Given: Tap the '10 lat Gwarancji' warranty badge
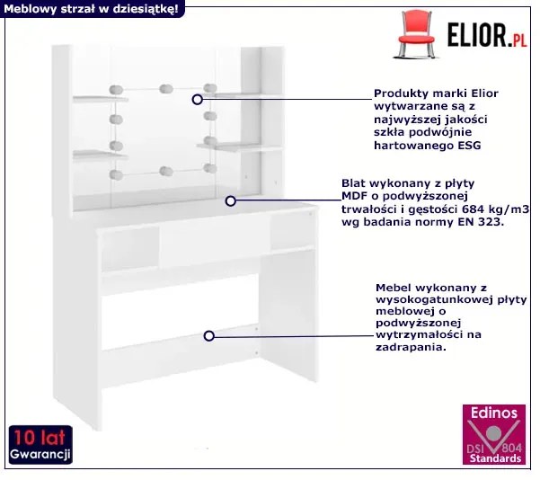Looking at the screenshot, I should click(40, 447).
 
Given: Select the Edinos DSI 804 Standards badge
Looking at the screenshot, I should click(493, 435).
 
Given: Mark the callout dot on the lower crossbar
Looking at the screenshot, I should click(208, 335).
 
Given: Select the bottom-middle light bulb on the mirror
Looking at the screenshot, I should click(165, 171).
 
